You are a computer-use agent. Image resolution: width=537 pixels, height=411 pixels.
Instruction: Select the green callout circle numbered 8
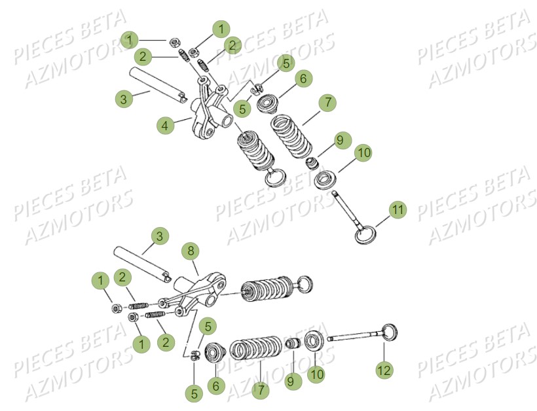click(191, 251)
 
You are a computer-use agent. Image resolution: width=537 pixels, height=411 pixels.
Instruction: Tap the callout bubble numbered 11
click(397, 210)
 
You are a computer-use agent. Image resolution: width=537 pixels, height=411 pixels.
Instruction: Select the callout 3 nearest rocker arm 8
click(157, 234)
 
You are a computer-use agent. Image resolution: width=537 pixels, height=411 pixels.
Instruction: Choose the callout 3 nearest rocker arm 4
click(122, 99)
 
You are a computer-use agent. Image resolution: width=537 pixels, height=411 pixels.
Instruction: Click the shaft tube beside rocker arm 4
click(157, 84)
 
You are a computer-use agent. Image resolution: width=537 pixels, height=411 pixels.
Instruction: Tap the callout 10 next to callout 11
click(364, 152)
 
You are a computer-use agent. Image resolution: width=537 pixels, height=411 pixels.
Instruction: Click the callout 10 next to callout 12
click(316, 374)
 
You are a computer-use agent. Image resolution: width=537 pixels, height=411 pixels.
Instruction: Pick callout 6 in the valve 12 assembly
click(215, 386)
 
